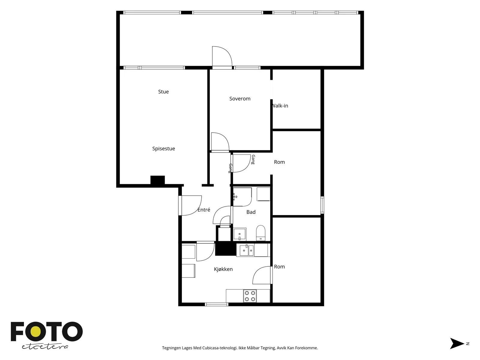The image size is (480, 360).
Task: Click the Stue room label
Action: (x=163, y=91)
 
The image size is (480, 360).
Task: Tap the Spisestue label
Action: (x=163, y=148)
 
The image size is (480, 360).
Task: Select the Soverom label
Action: (x=240, y=99)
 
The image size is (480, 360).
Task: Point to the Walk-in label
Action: (x=280, y=106)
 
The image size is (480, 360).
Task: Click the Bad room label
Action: (x=251, y=212)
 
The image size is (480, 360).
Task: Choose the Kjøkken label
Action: (x=223, y=269)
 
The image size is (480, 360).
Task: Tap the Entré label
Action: (x=204, y=210)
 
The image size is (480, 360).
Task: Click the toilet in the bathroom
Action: (x=260, y=233)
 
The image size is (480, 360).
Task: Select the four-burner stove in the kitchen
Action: (x=250, y=296)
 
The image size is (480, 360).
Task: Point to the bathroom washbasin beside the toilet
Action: (x=239, y=234)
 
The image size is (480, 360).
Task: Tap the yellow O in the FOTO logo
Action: (x=35, y=332)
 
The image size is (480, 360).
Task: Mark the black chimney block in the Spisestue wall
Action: (x=157, y=180)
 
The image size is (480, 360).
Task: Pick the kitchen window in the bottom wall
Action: (x=217, y=304)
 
